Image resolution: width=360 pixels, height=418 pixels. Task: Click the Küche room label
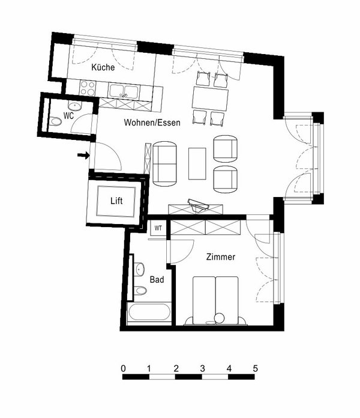[103, 68]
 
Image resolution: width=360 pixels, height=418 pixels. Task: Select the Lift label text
[118, 202]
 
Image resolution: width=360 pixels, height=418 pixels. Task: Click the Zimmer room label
[220, 257]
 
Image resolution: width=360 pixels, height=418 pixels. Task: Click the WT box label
[158, 228]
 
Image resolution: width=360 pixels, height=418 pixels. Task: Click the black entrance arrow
[83, 156]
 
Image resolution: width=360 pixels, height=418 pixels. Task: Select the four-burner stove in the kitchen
[87, 89]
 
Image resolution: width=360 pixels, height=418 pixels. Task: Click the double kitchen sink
[124, 91]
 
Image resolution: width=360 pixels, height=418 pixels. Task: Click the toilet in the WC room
[56, 122]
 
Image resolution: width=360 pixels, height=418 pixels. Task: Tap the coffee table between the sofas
[197, 163]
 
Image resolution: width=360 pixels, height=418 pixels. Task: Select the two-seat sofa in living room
[166, 163]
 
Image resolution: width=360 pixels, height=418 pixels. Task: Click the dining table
[210, 98]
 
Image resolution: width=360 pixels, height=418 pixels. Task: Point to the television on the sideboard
[198, 205]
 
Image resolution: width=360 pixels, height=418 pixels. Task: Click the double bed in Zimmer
[215, 298]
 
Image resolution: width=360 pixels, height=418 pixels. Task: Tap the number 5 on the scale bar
[255, 368]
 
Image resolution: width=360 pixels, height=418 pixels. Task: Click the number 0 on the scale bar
[123, 368]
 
